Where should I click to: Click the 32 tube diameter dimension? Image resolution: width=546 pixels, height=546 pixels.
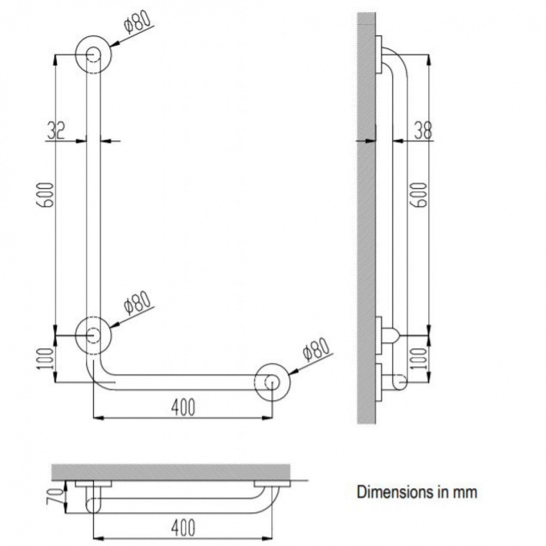pyautogui.click(x=56, y=130)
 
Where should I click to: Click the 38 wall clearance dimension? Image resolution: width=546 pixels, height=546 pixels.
pyautogui.click(x=423, y=130)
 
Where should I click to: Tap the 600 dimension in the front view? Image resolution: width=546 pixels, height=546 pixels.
pyautogui.click(x=46, y=195)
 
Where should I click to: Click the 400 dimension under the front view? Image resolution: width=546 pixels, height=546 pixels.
pyautogui.click(x=183, y=407)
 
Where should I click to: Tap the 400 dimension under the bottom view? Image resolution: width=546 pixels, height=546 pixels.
pyautogui.click(x=183, y=527)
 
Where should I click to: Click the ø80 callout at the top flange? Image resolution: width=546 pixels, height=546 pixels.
pyautogui.click(x=138, y=22)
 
